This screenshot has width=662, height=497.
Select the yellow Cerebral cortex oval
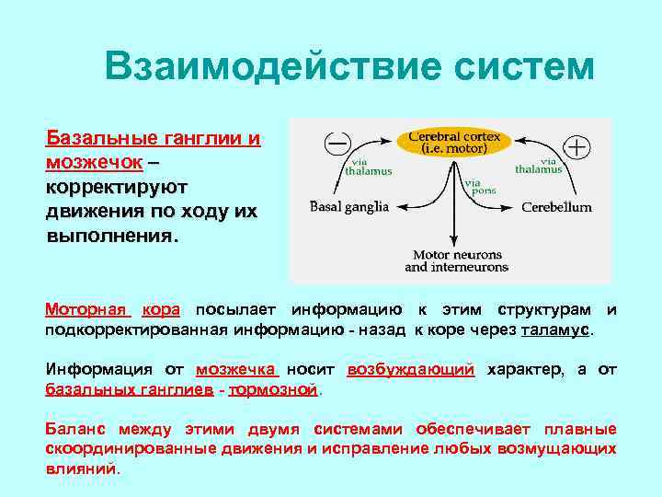(454, 142)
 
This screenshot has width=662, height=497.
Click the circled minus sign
(337, 144)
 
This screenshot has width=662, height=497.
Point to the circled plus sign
(577, 146)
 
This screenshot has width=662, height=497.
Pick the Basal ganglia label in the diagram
(350, 207)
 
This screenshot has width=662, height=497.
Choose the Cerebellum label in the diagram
(556, 207)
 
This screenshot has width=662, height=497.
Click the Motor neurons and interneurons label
(456, 260)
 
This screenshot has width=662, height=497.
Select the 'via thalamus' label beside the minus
(369, 166)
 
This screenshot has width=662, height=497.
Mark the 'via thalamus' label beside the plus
(539, 165)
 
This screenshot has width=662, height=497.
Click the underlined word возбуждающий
(411, 370)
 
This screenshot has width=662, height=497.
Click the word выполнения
(108, 235)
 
